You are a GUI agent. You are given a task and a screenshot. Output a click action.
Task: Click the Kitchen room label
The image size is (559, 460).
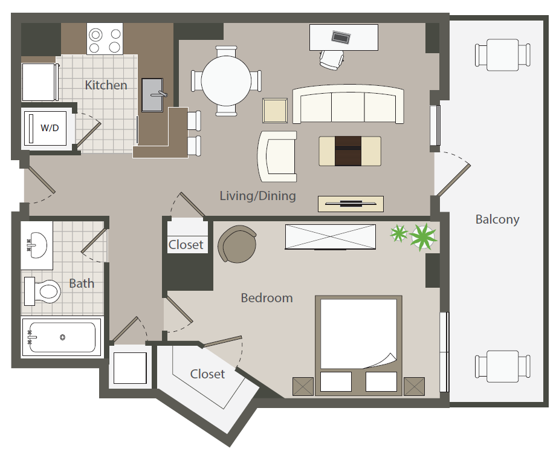tap(106, 85)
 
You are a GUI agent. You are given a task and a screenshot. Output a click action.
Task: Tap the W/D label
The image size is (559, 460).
tap(50, 128)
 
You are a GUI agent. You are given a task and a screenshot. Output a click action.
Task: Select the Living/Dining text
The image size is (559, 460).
tap(257, 195)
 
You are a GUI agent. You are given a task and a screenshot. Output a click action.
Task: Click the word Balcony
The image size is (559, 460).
tap(497, 219)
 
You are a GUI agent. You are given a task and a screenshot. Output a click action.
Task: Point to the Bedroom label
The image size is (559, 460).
tap(267, 297)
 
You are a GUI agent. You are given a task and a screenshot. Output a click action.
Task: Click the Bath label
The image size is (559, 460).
tap(81, 283)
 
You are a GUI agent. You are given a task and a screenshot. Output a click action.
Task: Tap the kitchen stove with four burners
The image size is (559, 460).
tap(105, 39)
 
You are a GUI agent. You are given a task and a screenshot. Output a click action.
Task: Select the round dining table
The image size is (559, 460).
tap(227, 81)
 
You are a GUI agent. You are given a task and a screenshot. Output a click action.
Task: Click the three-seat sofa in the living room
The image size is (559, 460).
tap(347, 105)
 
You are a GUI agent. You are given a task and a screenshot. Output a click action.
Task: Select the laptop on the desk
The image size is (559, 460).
tap(340, 37)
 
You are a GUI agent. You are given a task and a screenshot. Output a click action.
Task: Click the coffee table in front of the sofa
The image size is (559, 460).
tap(350, 151)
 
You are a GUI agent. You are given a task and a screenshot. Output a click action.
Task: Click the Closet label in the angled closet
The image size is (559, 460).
tap(207, 374)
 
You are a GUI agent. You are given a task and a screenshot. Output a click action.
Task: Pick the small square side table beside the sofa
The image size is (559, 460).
tap(275, 111)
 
